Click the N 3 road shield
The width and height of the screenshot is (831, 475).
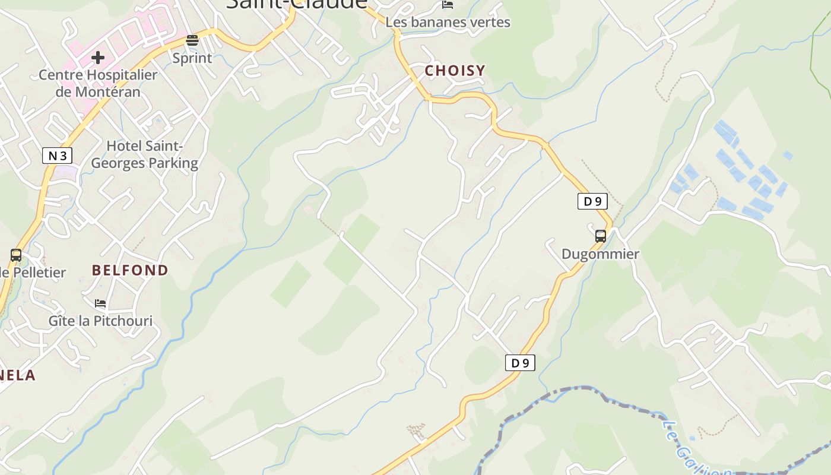58,156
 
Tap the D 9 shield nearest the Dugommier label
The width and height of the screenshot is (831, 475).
592,201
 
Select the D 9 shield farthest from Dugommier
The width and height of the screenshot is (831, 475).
520,363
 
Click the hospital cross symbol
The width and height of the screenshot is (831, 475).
98,58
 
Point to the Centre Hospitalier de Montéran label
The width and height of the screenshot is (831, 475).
98,83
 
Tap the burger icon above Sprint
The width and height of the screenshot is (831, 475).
192,40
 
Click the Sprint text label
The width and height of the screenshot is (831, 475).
192,58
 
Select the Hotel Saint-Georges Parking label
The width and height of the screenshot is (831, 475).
144,154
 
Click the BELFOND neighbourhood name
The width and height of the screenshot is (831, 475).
130,270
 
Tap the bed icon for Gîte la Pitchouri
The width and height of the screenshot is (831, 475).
100,303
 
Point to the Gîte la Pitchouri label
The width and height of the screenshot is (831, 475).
100,321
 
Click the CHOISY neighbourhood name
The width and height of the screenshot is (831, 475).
455,71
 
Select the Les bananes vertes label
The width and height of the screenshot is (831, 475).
448,23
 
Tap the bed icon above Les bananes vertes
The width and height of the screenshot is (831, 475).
448,5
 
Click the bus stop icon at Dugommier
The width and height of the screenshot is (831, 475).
600,236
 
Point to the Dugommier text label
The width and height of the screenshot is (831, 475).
600,254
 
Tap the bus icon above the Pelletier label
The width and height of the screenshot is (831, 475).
16,255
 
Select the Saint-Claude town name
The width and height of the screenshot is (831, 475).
297,4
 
